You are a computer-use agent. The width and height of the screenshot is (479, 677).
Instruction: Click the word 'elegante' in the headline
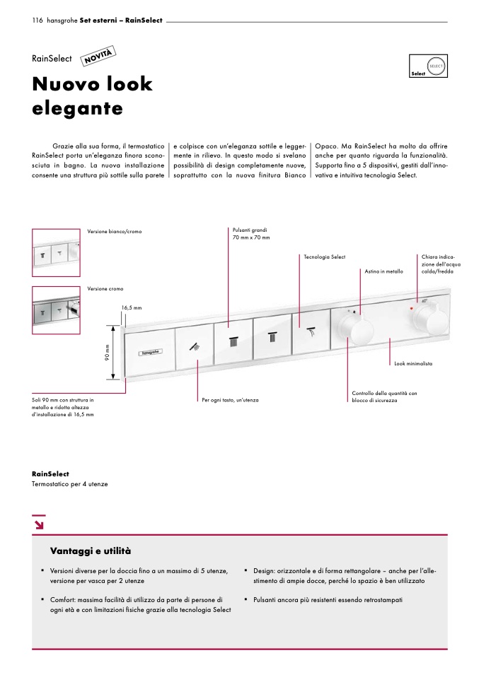78,109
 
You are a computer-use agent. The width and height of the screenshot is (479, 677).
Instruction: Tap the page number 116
37,20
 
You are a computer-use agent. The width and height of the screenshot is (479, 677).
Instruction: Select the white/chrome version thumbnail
56,253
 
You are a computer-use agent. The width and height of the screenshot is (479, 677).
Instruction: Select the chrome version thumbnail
56,309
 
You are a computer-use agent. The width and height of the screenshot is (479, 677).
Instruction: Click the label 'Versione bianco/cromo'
115,232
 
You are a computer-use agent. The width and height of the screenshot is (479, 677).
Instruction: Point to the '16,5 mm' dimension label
132,308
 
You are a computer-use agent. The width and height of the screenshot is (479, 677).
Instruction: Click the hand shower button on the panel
195,346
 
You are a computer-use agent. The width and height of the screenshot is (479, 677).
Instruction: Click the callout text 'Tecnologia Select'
324,257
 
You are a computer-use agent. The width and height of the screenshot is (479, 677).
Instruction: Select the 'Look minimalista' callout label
413,363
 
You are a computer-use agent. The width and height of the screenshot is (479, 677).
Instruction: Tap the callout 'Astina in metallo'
384,271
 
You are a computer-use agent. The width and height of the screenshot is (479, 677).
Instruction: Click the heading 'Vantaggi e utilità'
91,550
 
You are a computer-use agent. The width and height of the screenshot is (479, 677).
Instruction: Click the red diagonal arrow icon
38,524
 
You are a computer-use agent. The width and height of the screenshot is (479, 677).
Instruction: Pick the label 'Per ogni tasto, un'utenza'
230,400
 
